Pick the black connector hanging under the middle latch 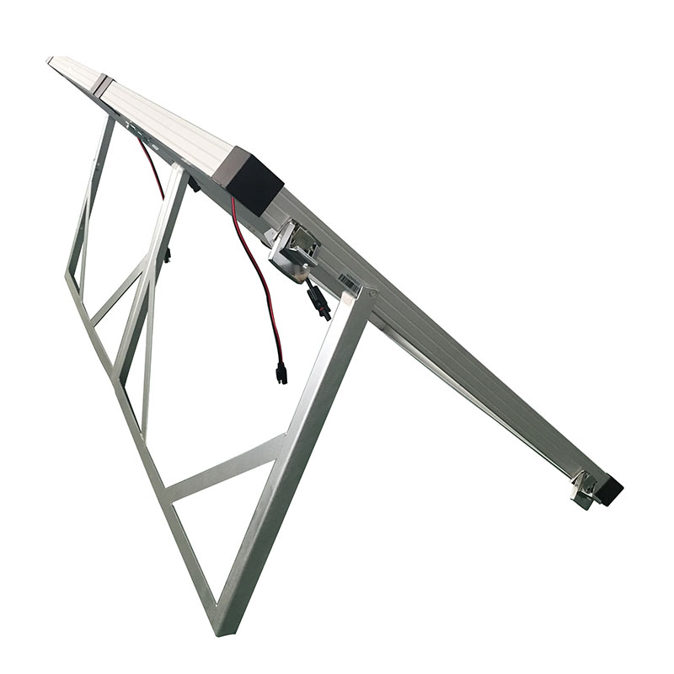click(x=319, y=301)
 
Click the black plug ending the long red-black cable click(x=281, y=372)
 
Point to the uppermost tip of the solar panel click(x=51, y=60)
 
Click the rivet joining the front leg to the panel click(x=370, y=292)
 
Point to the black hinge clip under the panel click(x=194, y=183)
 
